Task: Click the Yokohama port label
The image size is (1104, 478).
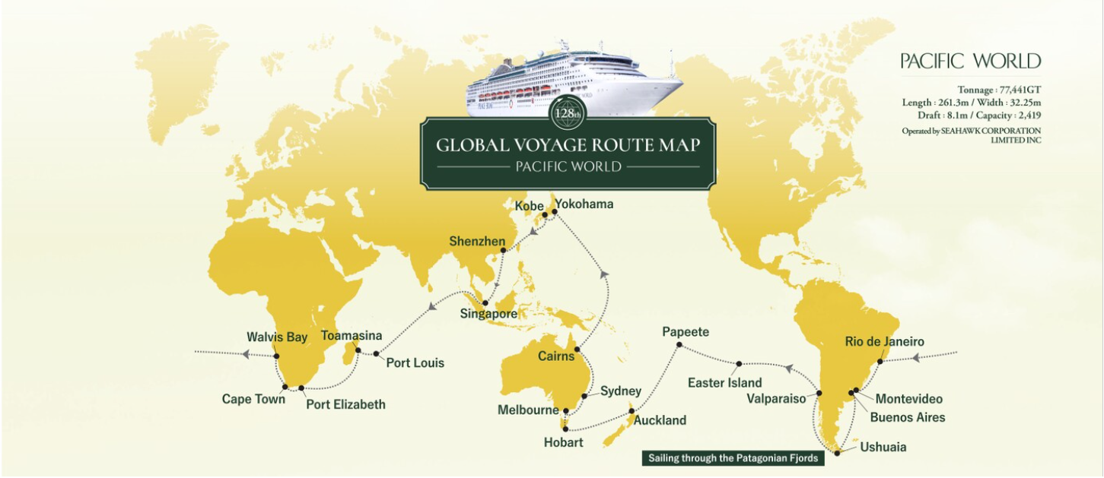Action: pos(584,204)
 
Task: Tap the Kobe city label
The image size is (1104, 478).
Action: pos(530,206)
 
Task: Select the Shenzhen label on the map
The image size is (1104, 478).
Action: pos(477,242)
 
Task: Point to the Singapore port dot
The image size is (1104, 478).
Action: pos(485,304)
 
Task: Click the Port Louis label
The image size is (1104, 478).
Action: pos(415,363)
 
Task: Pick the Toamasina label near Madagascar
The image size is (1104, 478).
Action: pos(352,335)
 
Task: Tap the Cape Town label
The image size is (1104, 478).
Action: pos(253,399)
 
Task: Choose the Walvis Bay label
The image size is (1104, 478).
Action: pos(277,337)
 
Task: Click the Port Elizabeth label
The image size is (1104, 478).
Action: pos(345,404)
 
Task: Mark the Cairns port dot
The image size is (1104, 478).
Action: pos(577,350)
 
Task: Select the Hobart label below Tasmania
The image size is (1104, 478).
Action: pos(564,442)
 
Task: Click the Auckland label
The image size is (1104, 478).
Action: pos(660,420)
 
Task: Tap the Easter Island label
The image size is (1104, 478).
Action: pos(724,383)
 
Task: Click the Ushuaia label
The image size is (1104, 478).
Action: pos(883,447)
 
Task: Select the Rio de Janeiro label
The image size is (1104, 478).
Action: pos(884,342)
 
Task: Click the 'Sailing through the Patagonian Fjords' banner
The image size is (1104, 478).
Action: pos(733,458)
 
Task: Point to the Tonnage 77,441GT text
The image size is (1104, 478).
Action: pos(999,90)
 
